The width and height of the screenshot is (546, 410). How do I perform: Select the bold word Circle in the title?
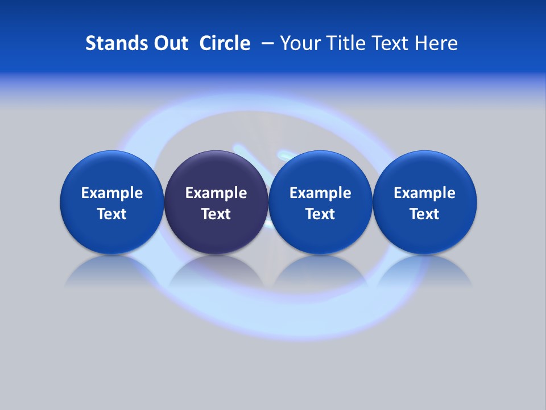pyautogui.click(x=225, y=43)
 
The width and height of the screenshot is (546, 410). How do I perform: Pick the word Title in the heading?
pyautogui.click(x=343, y=43)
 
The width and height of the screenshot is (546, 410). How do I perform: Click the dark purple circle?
pyautogui.click(x=216, y=171)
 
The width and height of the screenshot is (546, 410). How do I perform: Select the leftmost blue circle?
pyautogui.click(x=111, y=171)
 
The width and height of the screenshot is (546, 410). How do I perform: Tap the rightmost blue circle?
pyautogui.click(x=425, y=171)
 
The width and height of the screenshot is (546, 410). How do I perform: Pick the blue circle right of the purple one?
pyautogui.click(x=320, y=171)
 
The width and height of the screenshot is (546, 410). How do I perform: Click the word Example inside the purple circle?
pyautogui.click(x=216, y=193)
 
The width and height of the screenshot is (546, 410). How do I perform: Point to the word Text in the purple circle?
pyautogui.click(x=216, y=214)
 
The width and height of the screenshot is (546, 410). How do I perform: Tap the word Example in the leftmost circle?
pyautogui.click(x=111, y=193)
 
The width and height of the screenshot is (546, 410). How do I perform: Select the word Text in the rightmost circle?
pyautogui.click(x=425, y=214)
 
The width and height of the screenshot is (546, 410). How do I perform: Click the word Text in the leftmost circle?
pyautogui.click(x=111, y=214)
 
